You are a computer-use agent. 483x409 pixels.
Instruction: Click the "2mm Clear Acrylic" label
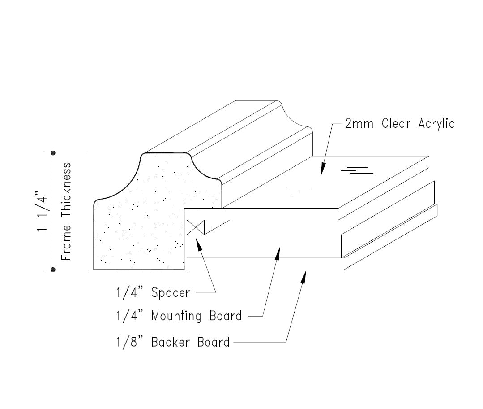point(400,124)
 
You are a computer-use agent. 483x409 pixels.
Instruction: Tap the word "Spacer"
point(171,293)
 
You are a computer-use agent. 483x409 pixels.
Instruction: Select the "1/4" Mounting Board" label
point(178,316)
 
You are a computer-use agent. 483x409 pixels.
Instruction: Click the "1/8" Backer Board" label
point(172,343)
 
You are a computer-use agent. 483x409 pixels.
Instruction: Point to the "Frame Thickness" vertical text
point(66,211)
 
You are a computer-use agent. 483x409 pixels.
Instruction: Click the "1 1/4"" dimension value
point(43,211)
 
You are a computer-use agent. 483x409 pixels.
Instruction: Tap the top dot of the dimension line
point(53,153)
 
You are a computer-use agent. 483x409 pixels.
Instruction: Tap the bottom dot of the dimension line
point(53,270)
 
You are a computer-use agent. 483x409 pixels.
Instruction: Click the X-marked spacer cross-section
point(196,227)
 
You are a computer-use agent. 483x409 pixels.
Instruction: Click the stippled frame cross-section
point(139,220)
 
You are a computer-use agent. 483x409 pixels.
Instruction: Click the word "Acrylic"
point(436,124)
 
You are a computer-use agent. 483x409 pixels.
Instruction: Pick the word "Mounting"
point(176,316)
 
